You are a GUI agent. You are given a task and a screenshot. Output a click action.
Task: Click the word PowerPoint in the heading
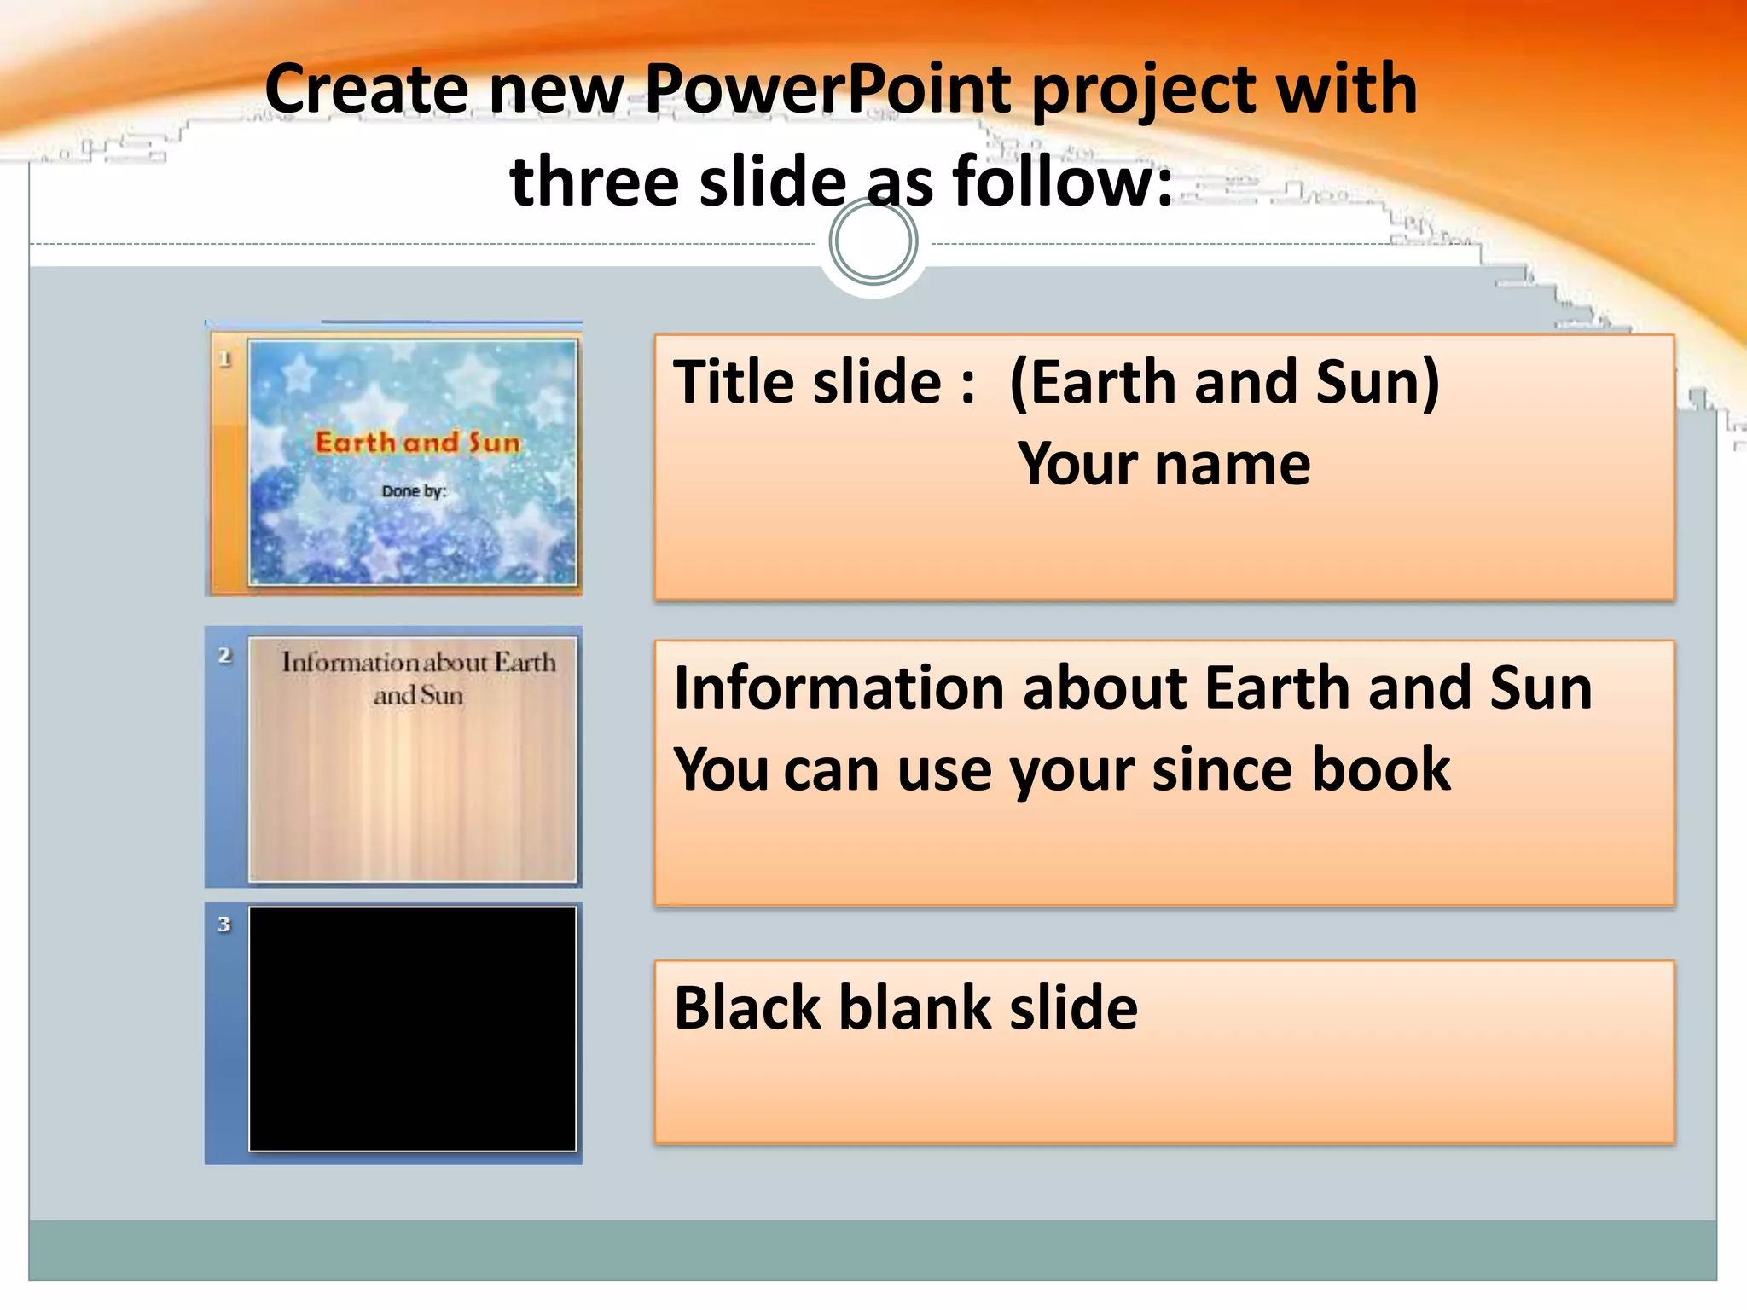coord(827,89)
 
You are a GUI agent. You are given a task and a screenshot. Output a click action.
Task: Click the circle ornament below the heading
coord(873,242)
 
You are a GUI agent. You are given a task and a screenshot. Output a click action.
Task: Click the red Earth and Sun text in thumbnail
coord(417,442)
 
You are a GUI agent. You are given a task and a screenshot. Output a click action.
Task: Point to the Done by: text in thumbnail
coord(414,491)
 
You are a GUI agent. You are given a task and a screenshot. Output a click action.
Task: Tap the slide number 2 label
coord(225,655)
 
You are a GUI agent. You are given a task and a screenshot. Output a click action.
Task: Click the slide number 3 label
coord(224,925)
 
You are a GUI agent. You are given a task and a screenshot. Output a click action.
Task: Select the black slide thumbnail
coord(412,1029)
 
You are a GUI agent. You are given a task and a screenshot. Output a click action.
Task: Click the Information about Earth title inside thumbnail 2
coord(418,677)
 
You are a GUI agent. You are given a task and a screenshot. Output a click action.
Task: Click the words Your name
coord(1164,465)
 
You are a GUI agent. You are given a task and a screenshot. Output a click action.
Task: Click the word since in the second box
coord(1219,769)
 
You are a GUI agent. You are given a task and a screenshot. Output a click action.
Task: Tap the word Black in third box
coord(747,1008)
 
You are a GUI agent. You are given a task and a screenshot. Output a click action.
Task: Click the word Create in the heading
coord(367,89)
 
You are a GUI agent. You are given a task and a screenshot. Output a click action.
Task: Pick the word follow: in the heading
coord(1063,182)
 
